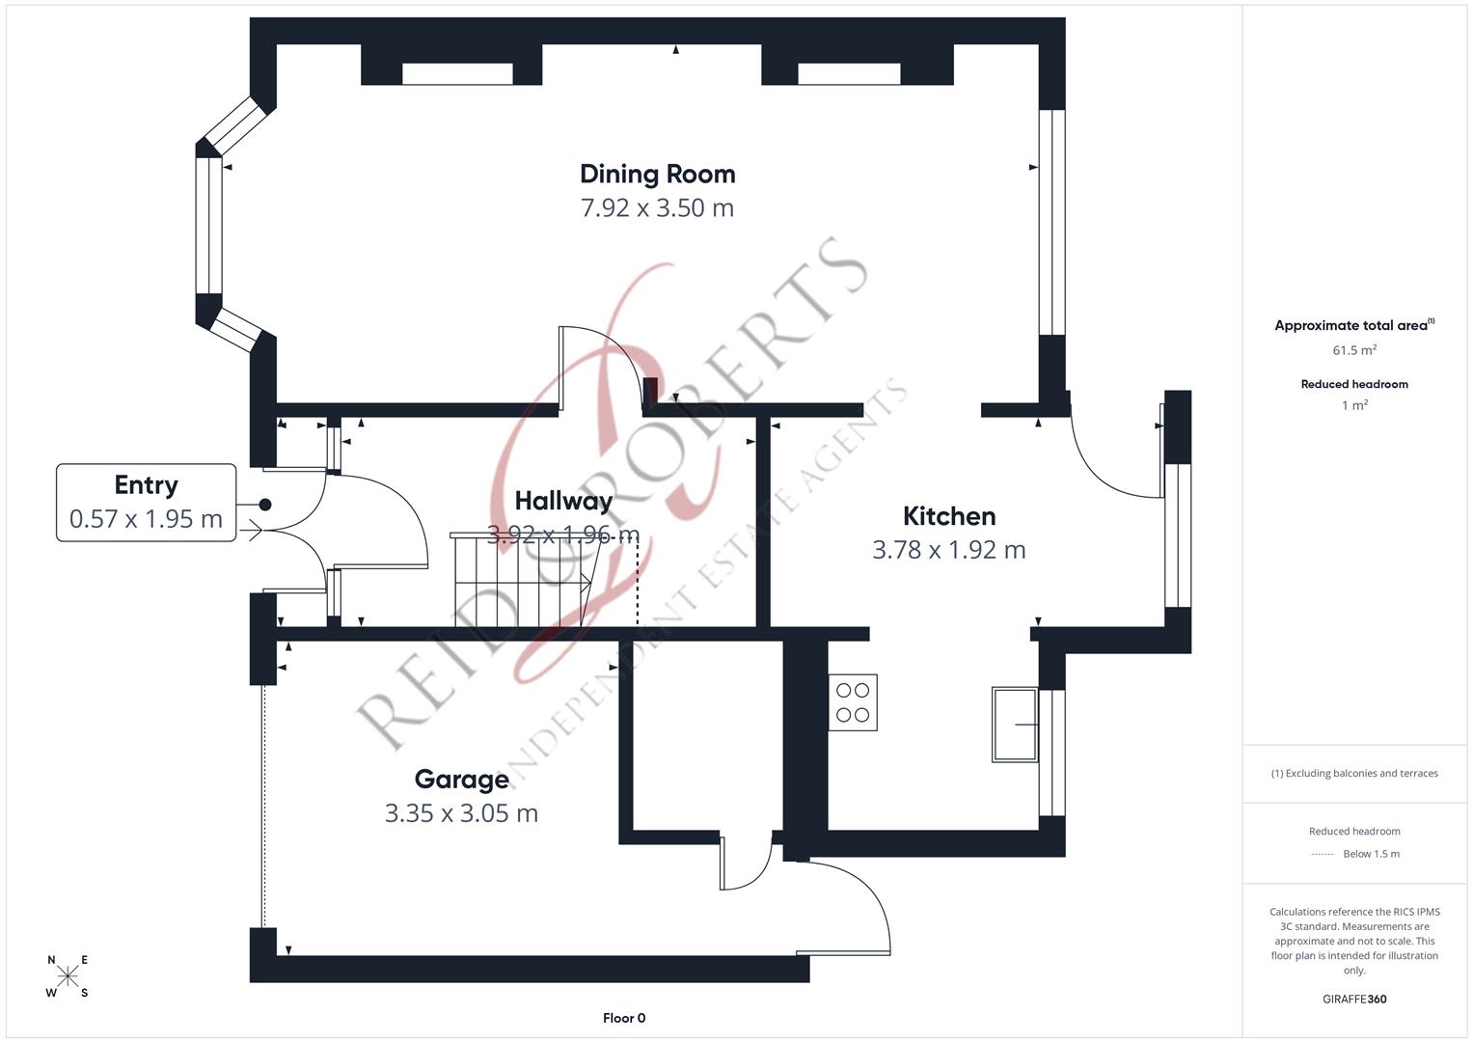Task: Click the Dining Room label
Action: pyautogui.click(x=657, y=175)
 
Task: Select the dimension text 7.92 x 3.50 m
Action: pyautogui.click(x=657, y=208)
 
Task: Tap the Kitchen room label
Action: pyautogui.click(x=948, y=516)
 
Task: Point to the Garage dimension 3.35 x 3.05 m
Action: pyautogui.click(x=461, y=813)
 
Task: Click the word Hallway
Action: pyautogui.click(x=563, y=501)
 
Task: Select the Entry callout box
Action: pyautogui.click(x=146, y=503)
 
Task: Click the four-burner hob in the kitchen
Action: pyautogui.click(x=853, y=702)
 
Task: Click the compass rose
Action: pyautogui.click(x=68, y=976)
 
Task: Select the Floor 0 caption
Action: pyautogui.click(x=624, y=1018)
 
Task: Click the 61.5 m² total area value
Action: pyautogui.click(x=1354, y=350)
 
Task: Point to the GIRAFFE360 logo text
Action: pyautogui.click(x=1354, y=999)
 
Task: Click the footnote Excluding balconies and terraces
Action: pyautogui.click(x=1354, y=773)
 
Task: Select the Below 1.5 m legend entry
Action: pyautogui.click(x=1370, y=854)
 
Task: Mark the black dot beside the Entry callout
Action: pyautogui.click(x=265, y=505)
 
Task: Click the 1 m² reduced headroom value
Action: pyautogui.click(x=1354, y=405)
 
